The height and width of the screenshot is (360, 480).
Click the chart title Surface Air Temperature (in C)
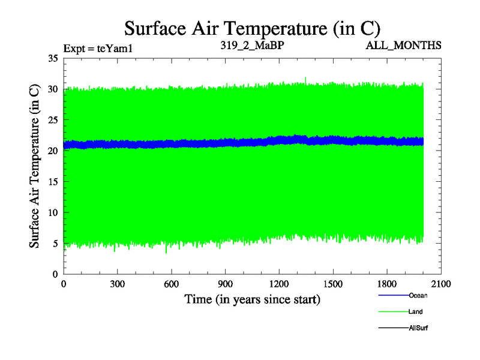click(x=252, y=28)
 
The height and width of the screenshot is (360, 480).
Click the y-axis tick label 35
click(x=52, y=58)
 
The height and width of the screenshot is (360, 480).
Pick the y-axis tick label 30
click(x=52, y=89)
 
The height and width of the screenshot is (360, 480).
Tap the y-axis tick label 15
click(x=52, y=182)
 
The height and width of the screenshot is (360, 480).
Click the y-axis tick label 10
click(x=52, y=212)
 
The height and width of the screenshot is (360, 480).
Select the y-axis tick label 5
click(x=55, y=243)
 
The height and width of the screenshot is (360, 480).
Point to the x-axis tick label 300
click(x=118, y=285)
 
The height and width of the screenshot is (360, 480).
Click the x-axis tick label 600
click(x=172, y=285)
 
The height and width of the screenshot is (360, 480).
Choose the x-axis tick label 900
click(x=226, y=285)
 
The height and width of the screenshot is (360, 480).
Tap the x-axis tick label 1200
click(x=280, y=285)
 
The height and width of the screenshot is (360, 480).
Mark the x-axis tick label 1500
click(x=333, y=285)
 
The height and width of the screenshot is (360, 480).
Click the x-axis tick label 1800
click(x=387, y=285)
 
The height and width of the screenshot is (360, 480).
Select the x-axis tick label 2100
click(x=441, y=285)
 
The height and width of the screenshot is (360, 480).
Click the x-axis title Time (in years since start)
click(x=252, y=299)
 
